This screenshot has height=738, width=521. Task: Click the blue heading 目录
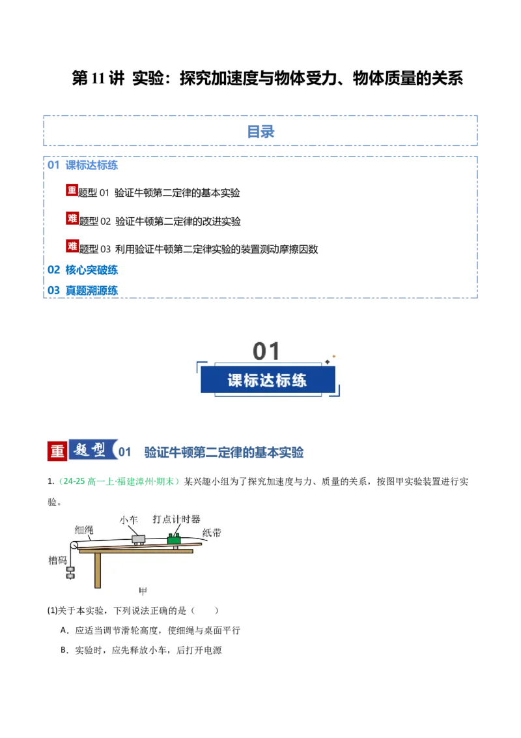point(260,131)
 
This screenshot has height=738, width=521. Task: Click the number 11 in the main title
point(98,78)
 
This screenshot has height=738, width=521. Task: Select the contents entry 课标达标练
point(91,165)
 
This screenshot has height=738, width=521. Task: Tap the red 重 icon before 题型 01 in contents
point(72,190)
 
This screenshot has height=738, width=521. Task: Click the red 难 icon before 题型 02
point(72,218)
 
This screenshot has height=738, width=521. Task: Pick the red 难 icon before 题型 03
point(72,246)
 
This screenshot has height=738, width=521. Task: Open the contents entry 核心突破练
point(91,270)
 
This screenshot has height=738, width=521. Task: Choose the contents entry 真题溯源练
point(91,290)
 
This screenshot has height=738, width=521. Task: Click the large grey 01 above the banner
point(266,351)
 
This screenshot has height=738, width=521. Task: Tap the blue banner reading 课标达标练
point(268,380)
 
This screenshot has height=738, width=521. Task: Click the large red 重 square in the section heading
point(57,451)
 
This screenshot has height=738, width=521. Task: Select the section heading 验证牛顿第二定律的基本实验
point(224,452)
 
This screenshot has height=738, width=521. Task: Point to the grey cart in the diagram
point(138,539)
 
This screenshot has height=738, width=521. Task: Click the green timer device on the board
point(175,539)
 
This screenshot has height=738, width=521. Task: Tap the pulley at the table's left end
point(74,545)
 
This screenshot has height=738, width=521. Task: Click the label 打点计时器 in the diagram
point(176,519)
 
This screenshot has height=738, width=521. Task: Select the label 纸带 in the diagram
point(212,533)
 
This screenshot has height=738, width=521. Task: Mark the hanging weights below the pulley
point(70,573)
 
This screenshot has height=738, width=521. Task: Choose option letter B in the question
point(64,650)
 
